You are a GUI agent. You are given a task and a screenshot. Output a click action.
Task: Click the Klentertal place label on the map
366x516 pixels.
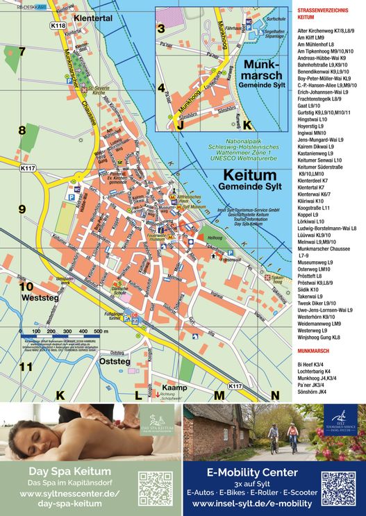(92, 19)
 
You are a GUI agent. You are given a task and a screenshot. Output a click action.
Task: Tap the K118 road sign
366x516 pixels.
(58, 26)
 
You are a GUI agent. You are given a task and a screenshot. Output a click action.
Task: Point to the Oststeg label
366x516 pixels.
(115, 361)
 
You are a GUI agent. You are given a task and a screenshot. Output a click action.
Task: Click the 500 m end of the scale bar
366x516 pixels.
(101, 332)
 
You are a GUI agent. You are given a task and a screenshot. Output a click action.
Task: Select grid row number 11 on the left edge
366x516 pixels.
(25, 367)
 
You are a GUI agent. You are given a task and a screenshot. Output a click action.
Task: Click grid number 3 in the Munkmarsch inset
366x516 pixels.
(161, 28)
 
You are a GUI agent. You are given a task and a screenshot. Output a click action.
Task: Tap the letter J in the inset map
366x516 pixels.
(180, 126)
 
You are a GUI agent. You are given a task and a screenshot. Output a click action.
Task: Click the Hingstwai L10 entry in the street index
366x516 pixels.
(313, 119)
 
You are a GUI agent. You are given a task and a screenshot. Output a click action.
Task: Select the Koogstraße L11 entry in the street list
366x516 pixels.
(313, 208)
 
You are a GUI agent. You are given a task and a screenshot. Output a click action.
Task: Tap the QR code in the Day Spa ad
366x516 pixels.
(155, 488)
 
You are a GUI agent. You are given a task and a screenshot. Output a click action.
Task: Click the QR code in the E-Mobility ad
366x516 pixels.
(338, 488)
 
